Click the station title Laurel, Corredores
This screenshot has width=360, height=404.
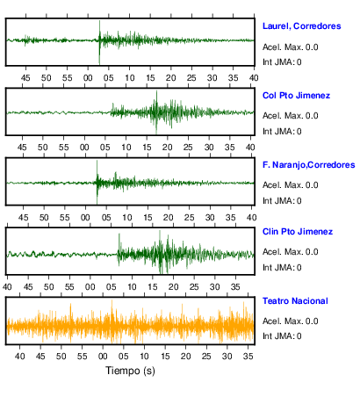[x=301, y=26]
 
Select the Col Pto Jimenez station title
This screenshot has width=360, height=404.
[x=296, y=96]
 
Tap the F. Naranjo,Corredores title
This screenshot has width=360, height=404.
[x=309, y=165]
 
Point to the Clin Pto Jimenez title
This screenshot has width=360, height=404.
[x=298, y=232]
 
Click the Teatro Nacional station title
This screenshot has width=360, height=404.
[x=295, y=301]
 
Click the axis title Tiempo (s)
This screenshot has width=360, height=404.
[x=130, y=371]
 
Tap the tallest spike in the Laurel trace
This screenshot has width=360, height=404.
[x=99, y=22]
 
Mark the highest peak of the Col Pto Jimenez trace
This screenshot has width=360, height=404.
[x=156, y=91]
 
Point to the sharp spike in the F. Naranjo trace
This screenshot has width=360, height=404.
[x=97, y=162]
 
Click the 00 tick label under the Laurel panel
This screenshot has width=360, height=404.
[x=88, y=78]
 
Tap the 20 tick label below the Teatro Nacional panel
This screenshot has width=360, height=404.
[x=185, y=357]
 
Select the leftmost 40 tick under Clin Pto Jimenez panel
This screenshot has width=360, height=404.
[x=7, y=287]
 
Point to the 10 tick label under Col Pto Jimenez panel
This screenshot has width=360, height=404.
[x=126, y=148]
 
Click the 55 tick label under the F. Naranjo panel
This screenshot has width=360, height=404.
[x=65, y=218]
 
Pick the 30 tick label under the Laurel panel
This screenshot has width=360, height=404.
[x=212, y=78]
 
